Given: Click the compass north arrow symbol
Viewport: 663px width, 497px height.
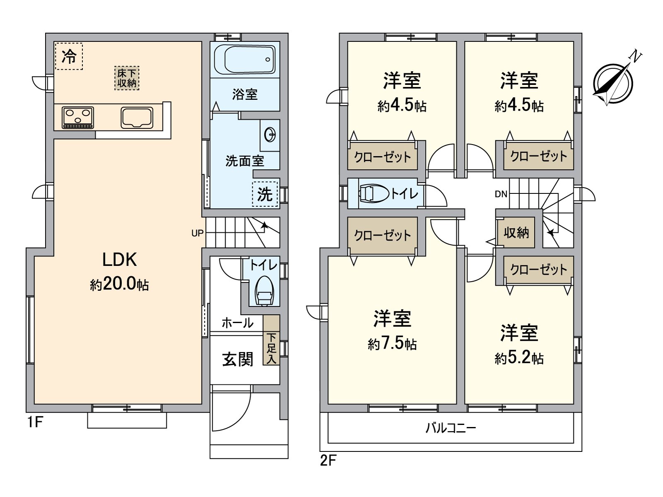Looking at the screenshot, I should point(613,83).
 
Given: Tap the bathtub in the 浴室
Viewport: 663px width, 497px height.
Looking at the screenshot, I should point(245,60).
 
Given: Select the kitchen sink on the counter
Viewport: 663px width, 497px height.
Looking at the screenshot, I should point(137,117).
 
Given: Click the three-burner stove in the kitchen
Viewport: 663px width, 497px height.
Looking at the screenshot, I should point(78,118).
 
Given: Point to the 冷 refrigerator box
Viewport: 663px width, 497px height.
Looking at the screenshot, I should point(69,56).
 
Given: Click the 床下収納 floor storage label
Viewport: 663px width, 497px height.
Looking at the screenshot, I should point(127,78).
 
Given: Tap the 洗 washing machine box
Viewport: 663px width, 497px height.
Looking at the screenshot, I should point(265,194).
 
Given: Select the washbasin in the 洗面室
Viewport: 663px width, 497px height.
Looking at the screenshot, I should point(270,135).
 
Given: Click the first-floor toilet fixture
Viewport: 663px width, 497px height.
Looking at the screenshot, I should point(264,292).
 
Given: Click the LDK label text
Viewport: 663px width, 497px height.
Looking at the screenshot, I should point(119,260).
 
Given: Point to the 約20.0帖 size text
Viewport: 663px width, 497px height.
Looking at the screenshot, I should point(119,285).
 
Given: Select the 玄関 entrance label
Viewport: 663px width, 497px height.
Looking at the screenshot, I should point(237,359).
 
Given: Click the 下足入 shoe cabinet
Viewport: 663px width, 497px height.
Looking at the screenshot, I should point(271,348).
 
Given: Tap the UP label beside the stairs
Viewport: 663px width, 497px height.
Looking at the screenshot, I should point(197,233).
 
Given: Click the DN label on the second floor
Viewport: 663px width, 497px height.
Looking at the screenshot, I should point(501,194).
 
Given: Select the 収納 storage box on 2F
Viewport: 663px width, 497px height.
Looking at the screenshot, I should point(516,233).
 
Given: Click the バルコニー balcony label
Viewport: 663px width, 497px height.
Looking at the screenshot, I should point(451,428).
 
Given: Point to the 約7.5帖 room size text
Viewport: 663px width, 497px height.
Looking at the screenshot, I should point(392,344).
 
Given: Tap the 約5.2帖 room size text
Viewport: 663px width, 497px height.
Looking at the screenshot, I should point(519,358).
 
